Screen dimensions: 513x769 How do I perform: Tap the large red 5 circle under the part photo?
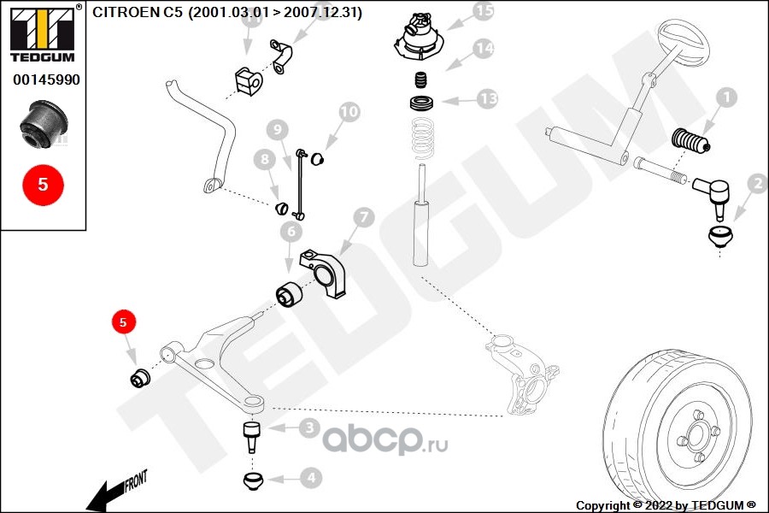(43, 185)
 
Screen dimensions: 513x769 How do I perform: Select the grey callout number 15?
(484, 11)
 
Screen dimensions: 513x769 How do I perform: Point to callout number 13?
(487, 99)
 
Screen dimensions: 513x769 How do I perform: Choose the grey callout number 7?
(362, 218)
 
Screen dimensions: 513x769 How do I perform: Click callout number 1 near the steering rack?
(725, 98)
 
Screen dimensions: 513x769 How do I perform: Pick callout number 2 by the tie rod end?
(757, 182)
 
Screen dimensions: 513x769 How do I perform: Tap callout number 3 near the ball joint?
(310, 427)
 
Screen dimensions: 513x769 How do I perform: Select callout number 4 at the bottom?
(310, 480)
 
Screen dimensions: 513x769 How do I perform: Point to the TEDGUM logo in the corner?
(43, 33)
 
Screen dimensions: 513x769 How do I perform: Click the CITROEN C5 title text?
(226, 12)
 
